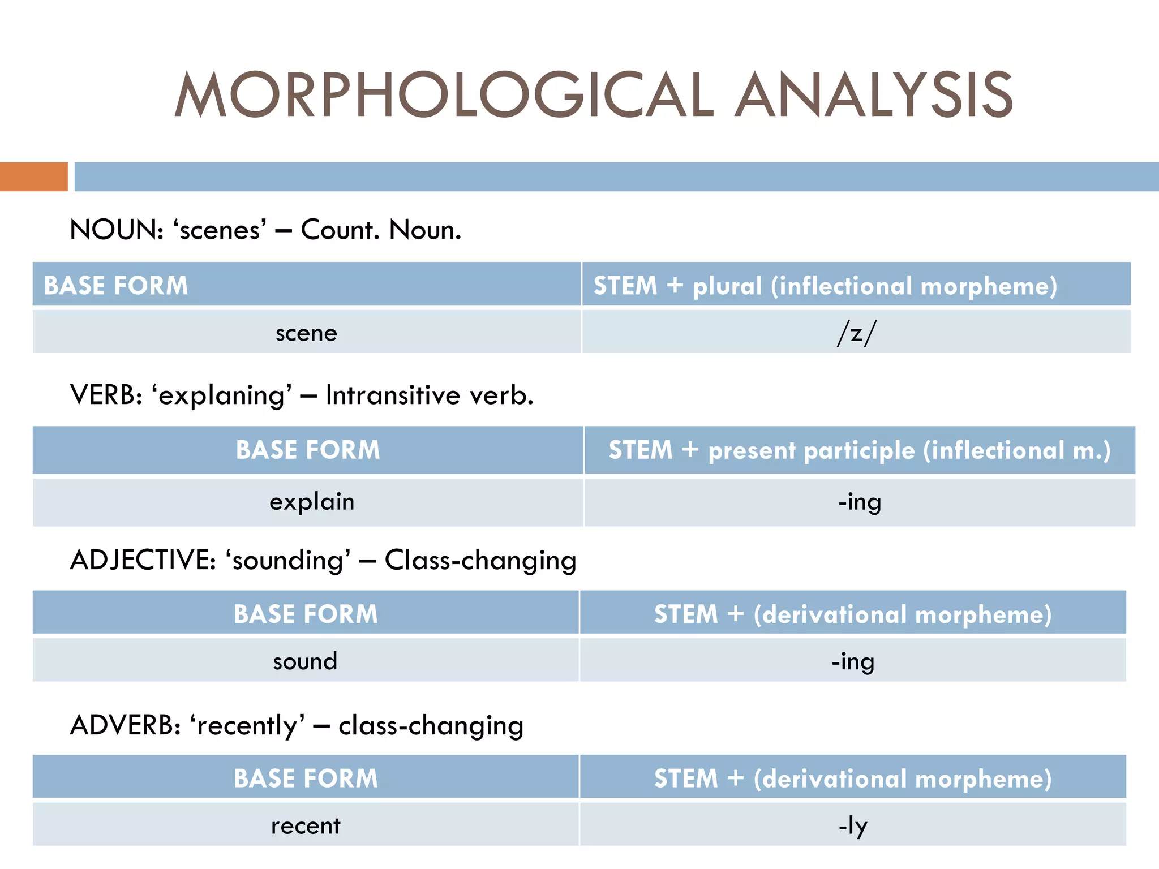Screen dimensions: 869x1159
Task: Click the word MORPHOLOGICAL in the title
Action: click(x=444, y=95)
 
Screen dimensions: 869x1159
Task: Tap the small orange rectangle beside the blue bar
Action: click(x=33, y=177)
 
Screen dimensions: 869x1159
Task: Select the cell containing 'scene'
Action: click(x=306, y=333)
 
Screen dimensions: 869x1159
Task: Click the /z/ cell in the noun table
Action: click(x=856, y=333)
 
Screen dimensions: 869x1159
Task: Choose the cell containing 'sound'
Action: click(x=305, y=661)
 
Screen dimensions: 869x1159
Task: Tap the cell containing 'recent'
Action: click(x=306, y=825)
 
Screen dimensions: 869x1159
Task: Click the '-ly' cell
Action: click(x=853, y=825)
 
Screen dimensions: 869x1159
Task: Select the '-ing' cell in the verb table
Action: click(x=860, y=502)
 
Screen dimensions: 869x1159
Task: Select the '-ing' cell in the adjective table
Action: click(x=853, y=661)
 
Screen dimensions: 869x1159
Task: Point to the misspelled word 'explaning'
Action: click(x=222, y=395)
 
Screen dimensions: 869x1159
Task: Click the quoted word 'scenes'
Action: click(x=220, y=230)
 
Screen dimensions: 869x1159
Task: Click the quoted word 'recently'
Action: click(x=247, y=725)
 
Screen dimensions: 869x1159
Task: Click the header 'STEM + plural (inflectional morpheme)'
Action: click(x=825, y=285)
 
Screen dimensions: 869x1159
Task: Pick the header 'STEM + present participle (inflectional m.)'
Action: click(x=860, y=450)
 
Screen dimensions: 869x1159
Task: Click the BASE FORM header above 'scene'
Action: click(x=116, y=285)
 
